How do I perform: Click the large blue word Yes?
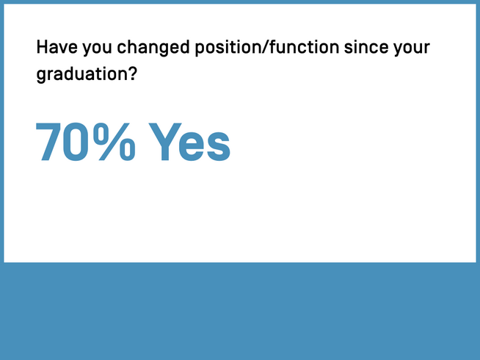point(189,141)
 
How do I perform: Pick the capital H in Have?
point(42,48)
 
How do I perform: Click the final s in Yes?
point(219,145)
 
